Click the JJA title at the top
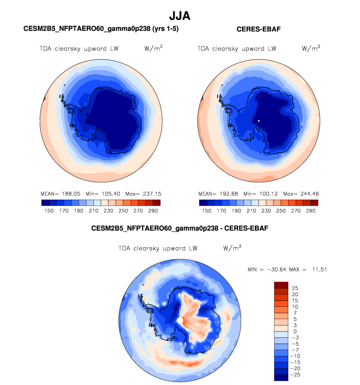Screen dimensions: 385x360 [x=180, y=16]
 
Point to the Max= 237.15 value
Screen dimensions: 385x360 [x=141, y=194]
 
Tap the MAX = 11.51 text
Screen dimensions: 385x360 [x=310, y=269]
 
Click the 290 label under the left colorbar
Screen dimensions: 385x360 [x=154, y=210]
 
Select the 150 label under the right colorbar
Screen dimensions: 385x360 [x=206, y=210]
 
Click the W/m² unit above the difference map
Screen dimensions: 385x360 [x=232, y=248]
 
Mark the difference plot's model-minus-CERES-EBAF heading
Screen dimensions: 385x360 [x=180, y=229]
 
